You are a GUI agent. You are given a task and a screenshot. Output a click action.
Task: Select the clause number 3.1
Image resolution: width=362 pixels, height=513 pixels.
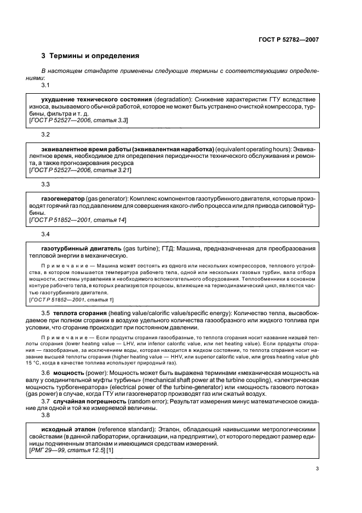click(46, 85)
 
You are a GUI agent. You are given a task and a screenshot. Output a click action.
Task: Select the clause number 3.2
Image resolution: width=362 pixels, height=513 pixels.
click(46, 134)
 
